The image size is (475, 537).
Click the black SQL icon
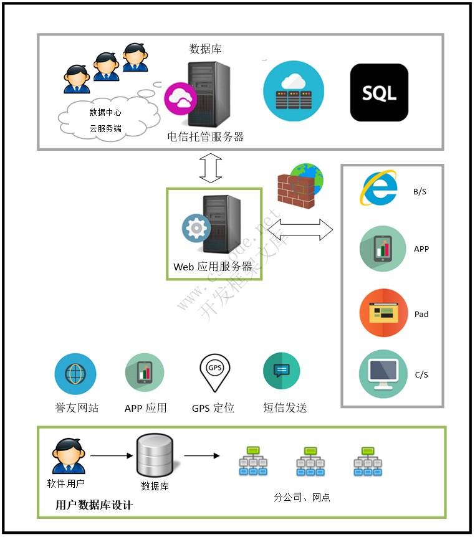click(379, 92)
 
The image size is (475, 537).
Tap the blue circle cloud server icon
click(294, 90)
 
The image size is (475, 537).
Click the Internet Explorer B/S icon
click(378, 188)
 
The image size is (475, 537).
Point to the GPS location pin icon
click(214, 372)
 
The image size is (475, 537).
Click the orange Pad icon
click(383, 312)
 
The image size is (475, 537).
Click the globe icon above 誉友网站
click(75, 374)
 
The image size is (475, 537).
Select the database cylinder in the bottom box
click(154, 454)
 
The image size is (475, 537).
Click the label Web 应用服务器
click(213, 267)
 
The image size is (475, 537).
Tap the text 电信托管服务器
click(205, 136)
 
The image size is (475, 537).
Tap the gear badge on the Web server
click(196, 229)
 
